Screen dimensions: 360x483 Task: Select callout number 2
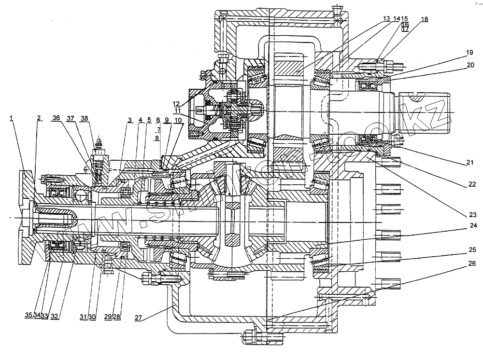point(38,118)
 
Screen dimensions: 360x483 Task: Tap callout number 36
point(57,118)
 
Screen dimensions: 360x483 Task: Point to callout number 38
point(85,118)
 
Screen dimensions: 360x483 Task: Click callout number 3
point(129,120)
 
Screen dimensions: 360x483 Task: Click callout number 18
point(424,19)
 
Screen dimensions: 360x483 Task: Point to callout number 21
point(469,163)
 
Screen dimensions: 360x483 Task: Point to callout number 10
point(178,120)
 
